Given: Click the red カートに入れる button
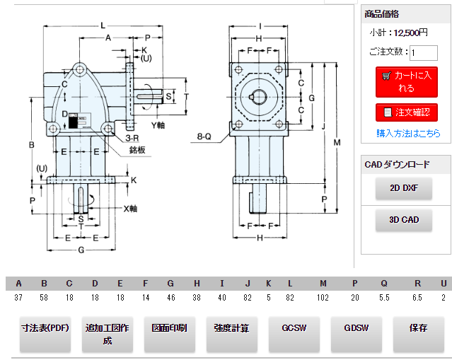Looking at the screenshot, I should pos(406,81).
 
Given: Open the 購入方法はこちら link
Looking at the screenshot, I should pos(408,133).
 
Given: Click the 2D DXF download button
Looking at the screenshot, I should pos(404,188).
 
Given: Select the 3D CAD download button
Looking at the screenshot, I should pos(404,220).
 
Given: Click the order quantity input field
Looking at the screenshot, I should pos(423,52).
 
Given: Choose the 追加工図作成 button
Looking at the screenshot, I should pos(108,334).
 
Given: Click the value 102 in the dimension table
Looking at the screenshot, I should pos(323,298).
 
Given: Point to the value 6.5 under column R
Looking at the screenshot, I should pos(418,298).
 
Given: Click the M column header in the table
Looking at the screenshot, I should pos(323,284).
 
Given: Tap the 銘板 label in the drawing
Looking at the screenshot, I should pos(137,150).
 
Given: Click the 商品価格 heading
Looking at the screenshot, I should pos(382,14).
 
